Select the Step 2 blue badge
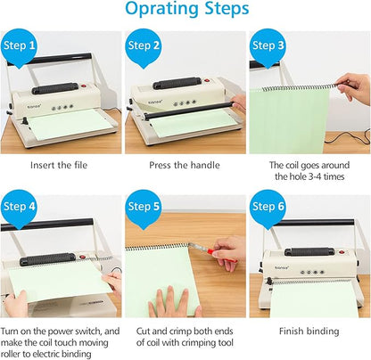coord(144,45)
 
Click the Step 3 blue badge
coord(268,45)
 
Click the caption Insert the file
coord(61,165)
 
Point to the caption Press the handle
coord(185,165)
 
